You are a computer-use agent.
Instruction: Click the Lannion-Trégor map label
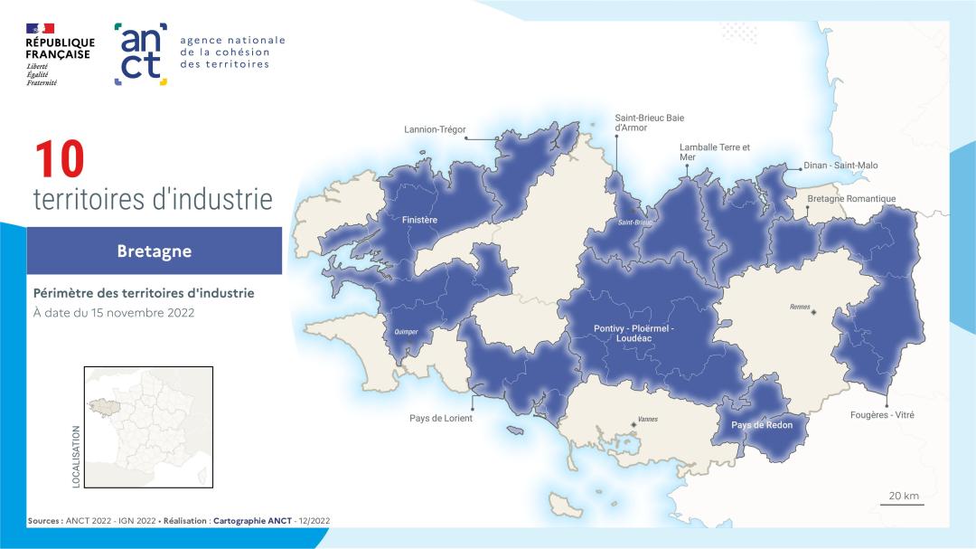pyautogui.click(x=435, y=129)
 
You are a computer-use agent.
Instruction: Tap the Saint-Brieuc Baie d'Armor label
pyautogui.click(x=649, y=122)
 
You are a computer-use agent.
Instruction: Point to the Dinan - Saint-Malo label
pyautogui.click(x=841, y=166)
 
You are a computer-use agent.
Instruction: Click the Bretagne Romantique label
pyautogui.click(x=851, y=199)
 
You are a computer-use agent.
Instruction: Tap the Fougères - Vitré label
pyautogui.click(x=882, y=414)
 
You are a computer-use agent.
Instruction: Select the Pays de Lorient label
pyautogui.click(x=441, y=418)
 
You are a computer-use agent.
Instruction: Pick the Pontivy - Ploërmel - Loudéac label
pyautogui.click(x=634, y=332)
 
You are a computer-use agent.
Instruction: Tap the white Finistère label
pyautogui.click(x=419, y=220)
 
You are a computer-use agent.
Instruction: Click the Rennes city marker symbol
pyautogui.click(x=813, y=312)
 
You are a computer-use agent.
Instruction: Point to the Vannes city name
pyautogui.click(x=647, y=420)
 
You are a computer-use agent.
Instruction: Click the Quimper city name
pyautogui.click(x=407, y=332)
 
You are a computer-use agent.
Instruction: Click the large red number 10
pyautogui.click(x=60, y=160)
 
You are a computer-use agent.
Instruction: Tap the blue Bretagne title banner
pyautogui.click(x=154, y=251)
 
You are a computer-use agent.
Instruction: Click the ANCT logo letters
pyautogui.click(x=141, y=53)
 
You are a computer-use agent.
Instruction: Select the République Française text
pyautogui.click(x=60, y=48)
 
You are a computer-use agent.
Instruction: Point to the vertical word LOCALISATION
pyautogui.click(x=76, y=457)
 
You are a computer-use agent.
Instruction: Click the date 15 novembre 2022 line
pyautogui.click(x=114, y=313)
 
